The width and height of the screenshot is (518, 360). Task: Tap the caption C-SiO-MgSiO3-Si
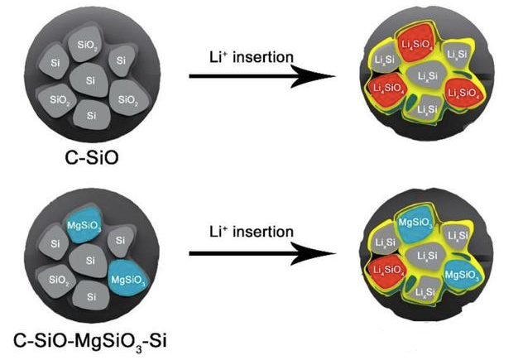(x=93, y=339)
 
